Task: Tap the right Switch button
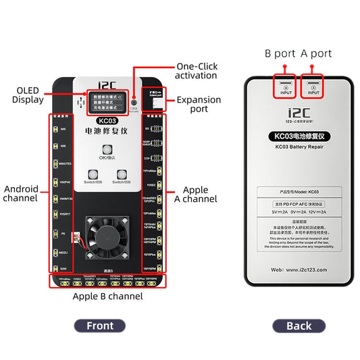(122, 174)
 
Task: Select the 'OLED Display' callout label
(28, 95)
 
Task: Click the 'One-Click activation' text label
(197, 71)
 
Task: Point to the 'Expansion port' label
(198, 104)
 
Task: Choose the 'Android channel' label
(20, 193)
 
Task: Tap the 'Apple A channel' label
(200, 194)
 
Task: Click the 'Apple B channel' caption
(107, 296)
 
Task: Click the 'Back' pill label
(299, 326)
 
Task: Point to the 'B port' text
(279, 53)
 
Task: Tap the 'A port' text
(316, 53)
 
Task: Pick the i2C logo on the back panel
(299, 116)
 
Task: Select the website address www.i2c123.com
(299, 268)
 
